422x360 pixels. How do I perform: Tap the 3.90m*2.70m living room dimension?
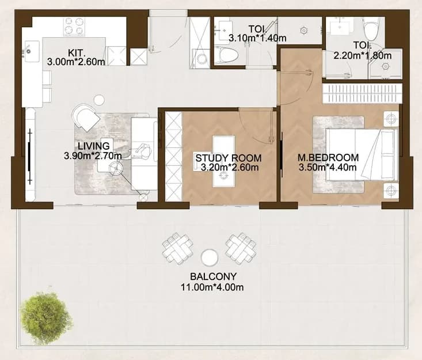(x=93, y=156)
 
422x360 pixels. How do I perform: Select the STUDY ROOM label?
(x=228, y=158)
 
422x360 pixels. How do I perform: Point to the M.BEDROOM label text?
(x=328, y=157)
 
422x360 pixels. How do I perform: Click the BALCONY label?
(x=213, y=276)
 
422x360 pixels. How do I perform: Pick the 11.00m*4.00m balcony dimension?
(x=212, y=287)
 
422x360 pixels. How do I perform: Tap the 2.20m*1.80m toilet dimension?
(x=363, y=56)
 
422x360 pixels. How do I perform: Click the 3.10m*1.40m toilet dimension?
(x=257, y=39)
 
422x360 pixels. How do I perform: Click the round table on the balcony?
(x=210, y=257)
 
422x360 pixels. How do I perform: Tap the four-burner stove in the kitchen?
(x=74, y=26)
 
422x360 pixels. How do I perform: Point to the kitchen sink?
(x=32, y=51)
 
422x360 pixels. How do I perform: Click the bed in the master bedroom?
(x=362, y=154)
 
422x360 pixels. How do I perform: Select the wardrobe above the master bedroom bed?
(x=362, y=93)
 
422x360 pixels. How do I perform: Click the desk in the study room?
(x=223, y=161)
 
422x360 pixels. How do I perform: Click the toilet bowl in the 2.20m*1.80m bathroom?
(x=371, y=28)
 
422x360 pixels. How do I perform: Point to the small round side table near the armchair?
(x=99, y=100)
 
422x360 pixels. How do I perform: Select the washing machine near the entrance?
(x=200, y=58)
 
